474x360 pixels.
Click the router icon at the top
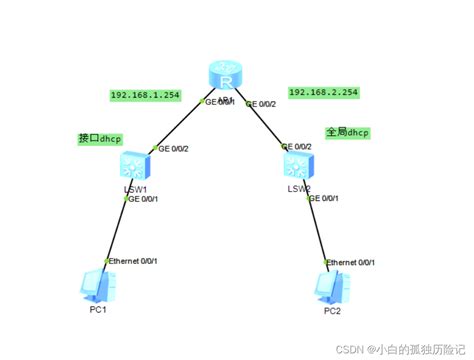pos(224,77)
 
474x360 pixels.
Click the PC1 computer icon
pos(97,284)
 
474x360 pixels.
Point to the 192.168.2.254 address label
pos(323,92)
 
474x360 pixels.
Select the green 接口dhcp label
pos(101,138)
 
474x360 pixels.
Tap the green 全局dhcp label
pos(347,131)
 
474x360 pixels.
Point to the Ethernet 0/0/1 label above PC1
pos(132,260)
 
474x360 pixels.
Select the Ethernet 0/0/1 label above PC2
pos(354,261)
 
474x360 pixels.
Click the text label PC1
pos(97,311)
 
